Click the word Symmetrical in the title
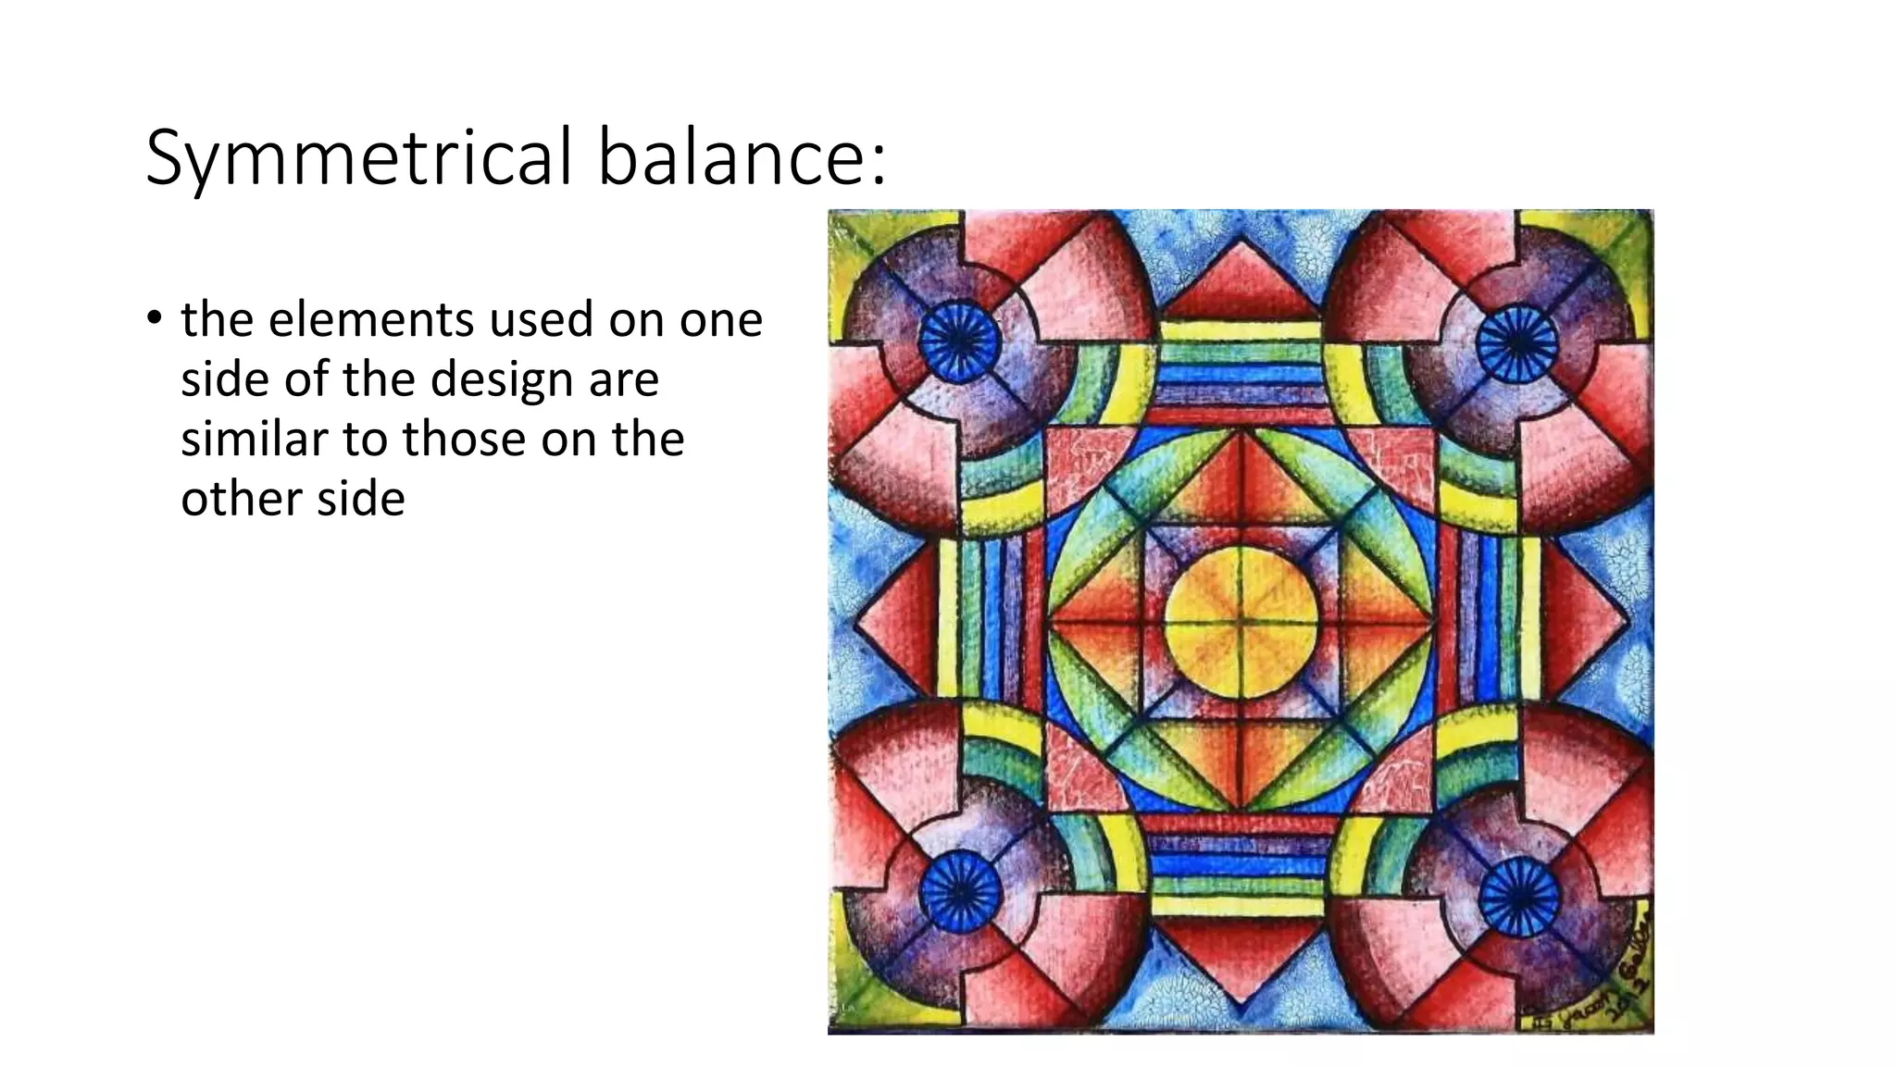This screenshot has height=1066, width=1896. pos(361,157)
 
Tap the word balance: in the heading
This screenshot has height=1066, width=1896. pos(742,157)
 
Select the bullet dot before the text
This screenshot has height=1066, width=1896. pos(154,318)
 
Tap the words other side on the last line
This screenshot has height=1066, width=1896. pos(293,499)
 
